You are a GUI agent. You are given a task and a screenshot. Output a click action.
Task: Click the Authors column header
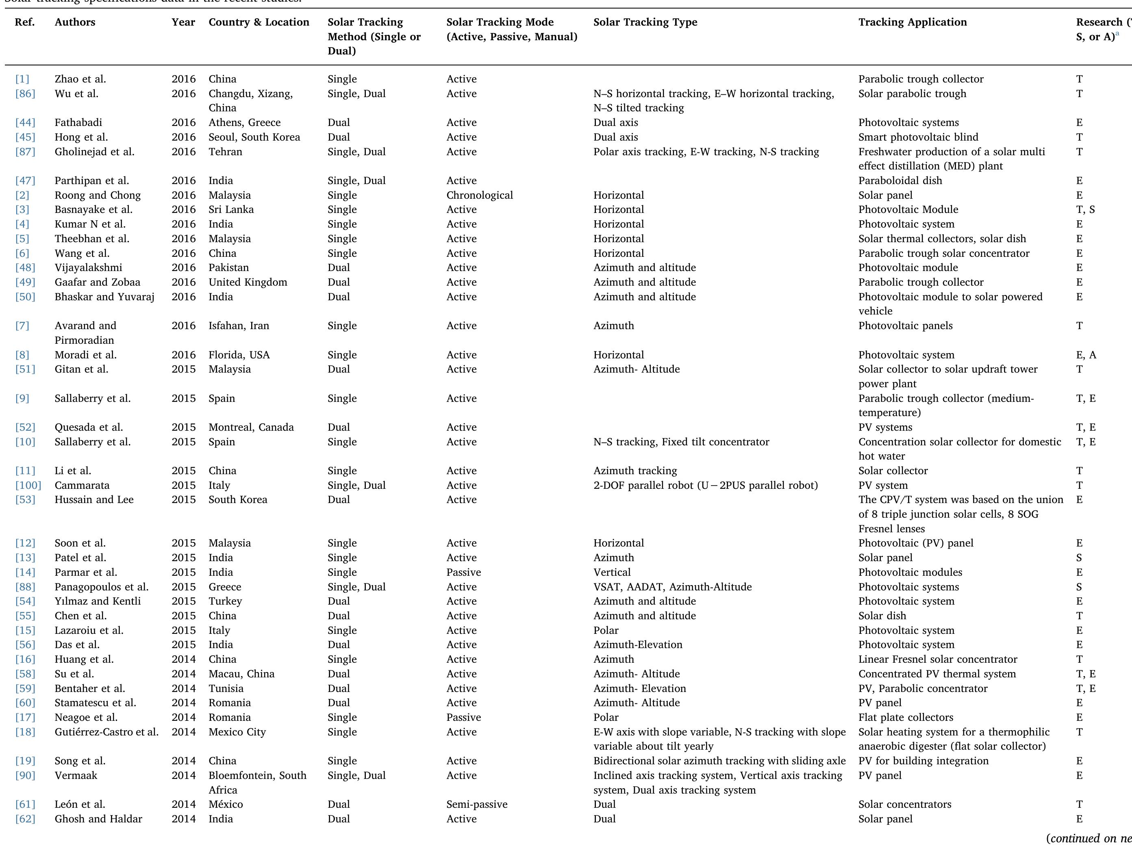(75, 22)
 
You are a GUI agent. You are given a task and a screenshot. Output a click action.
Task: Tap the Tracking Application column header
(913, 22)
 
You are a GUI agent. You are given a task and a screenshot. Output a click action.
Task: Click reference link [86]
(25, 93)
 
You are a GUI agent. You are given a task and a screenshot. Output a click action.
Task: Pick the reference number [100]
(28, 486)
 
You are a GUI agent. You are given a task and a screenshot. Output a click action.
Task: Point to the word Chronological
(480, 195)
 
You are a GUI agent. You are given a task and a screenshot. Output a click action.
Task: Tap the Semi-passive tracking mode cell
(476, 805)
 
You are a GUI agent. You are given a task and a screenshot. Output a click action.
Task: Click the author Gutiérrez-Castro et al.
(106, 732)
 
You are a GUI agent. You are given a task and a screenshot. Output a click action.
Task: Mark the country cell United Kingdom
(248, 282)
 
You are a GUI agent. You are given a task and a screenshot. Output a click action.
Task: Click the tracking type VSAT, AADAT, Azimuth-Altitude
(672, 587)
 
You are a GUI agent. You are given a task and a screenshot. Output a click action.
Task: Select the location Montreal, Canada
(251, 427)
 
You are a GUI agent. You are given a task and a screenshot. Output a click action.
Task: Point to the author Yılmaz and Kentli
(97, 601)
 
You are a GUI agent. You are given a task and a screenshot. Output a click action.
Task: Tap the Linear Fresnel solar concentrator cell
(938, 659)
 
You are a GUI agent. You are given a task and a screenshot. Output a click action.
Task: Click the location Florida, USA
(239, 355)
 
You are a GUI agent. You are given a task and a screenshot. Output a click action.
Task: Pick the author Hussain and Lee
(94, 500)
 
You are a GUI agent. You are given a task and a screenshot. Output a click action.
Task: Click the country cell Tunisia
(226, 688)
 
